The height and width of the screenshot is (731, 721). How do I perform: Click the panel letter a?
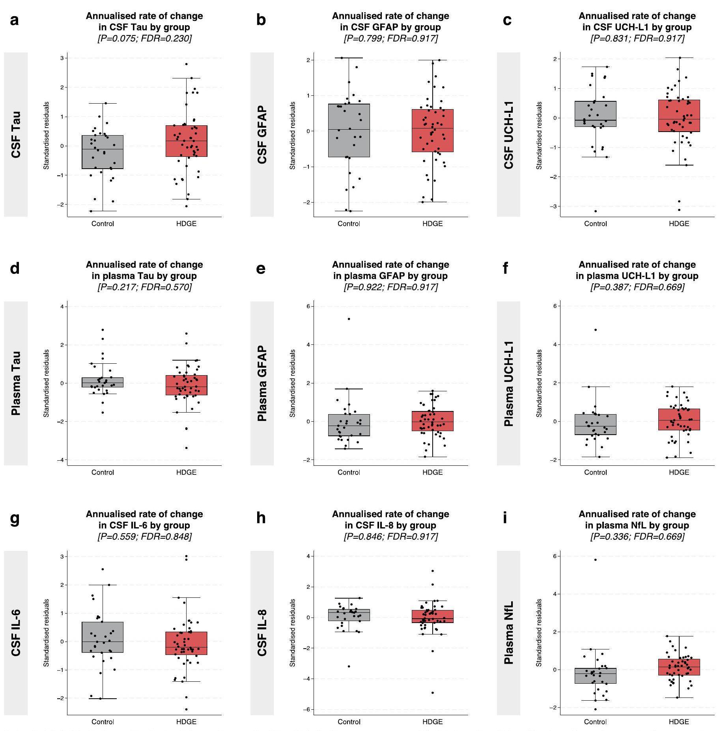(14, 20)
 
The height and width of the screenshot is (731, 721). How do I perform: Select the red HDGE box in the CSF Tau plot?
(186, 141)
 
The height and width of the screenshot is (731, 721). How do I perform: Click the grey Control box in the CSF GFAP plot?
(349, 130)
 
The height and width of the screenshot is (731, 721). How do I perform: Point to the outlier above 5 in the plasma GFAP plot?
(349, 319)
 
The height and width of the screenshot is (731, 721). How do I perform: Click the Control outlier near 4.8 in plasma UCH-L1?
(596, 330)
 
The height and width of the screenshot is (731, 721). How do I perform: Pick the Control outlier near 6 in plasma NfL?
(596, 560)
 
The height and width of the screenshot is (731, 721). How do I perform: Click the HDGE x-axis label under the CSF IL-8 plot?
(432, 722)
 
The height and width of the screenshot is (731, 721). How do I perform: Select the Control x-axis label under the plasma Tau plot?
(103, 472)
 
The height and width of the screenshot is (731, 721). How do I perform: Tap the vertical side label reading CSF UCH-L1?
(509, 135)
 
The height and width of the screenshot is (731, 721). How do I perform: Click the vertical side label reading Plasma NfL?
(509, 632)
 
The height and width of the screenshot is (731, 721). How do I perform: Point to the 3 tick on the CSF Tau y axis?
(62, 58)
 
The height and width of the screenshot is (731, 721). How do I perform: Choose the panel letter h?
(261, 518)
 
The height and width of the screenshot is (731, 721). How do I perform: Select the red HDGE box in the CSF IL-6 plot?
(186, 643)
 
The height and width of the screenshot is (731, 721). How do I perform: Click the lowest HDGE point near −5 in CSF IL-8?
(433, 693)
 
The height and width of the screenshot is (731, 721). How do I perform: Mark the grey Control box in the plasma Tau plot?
(103, 382)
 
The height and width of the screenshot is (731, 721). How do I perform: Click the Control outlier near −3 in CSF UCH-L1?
(596, 211)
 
